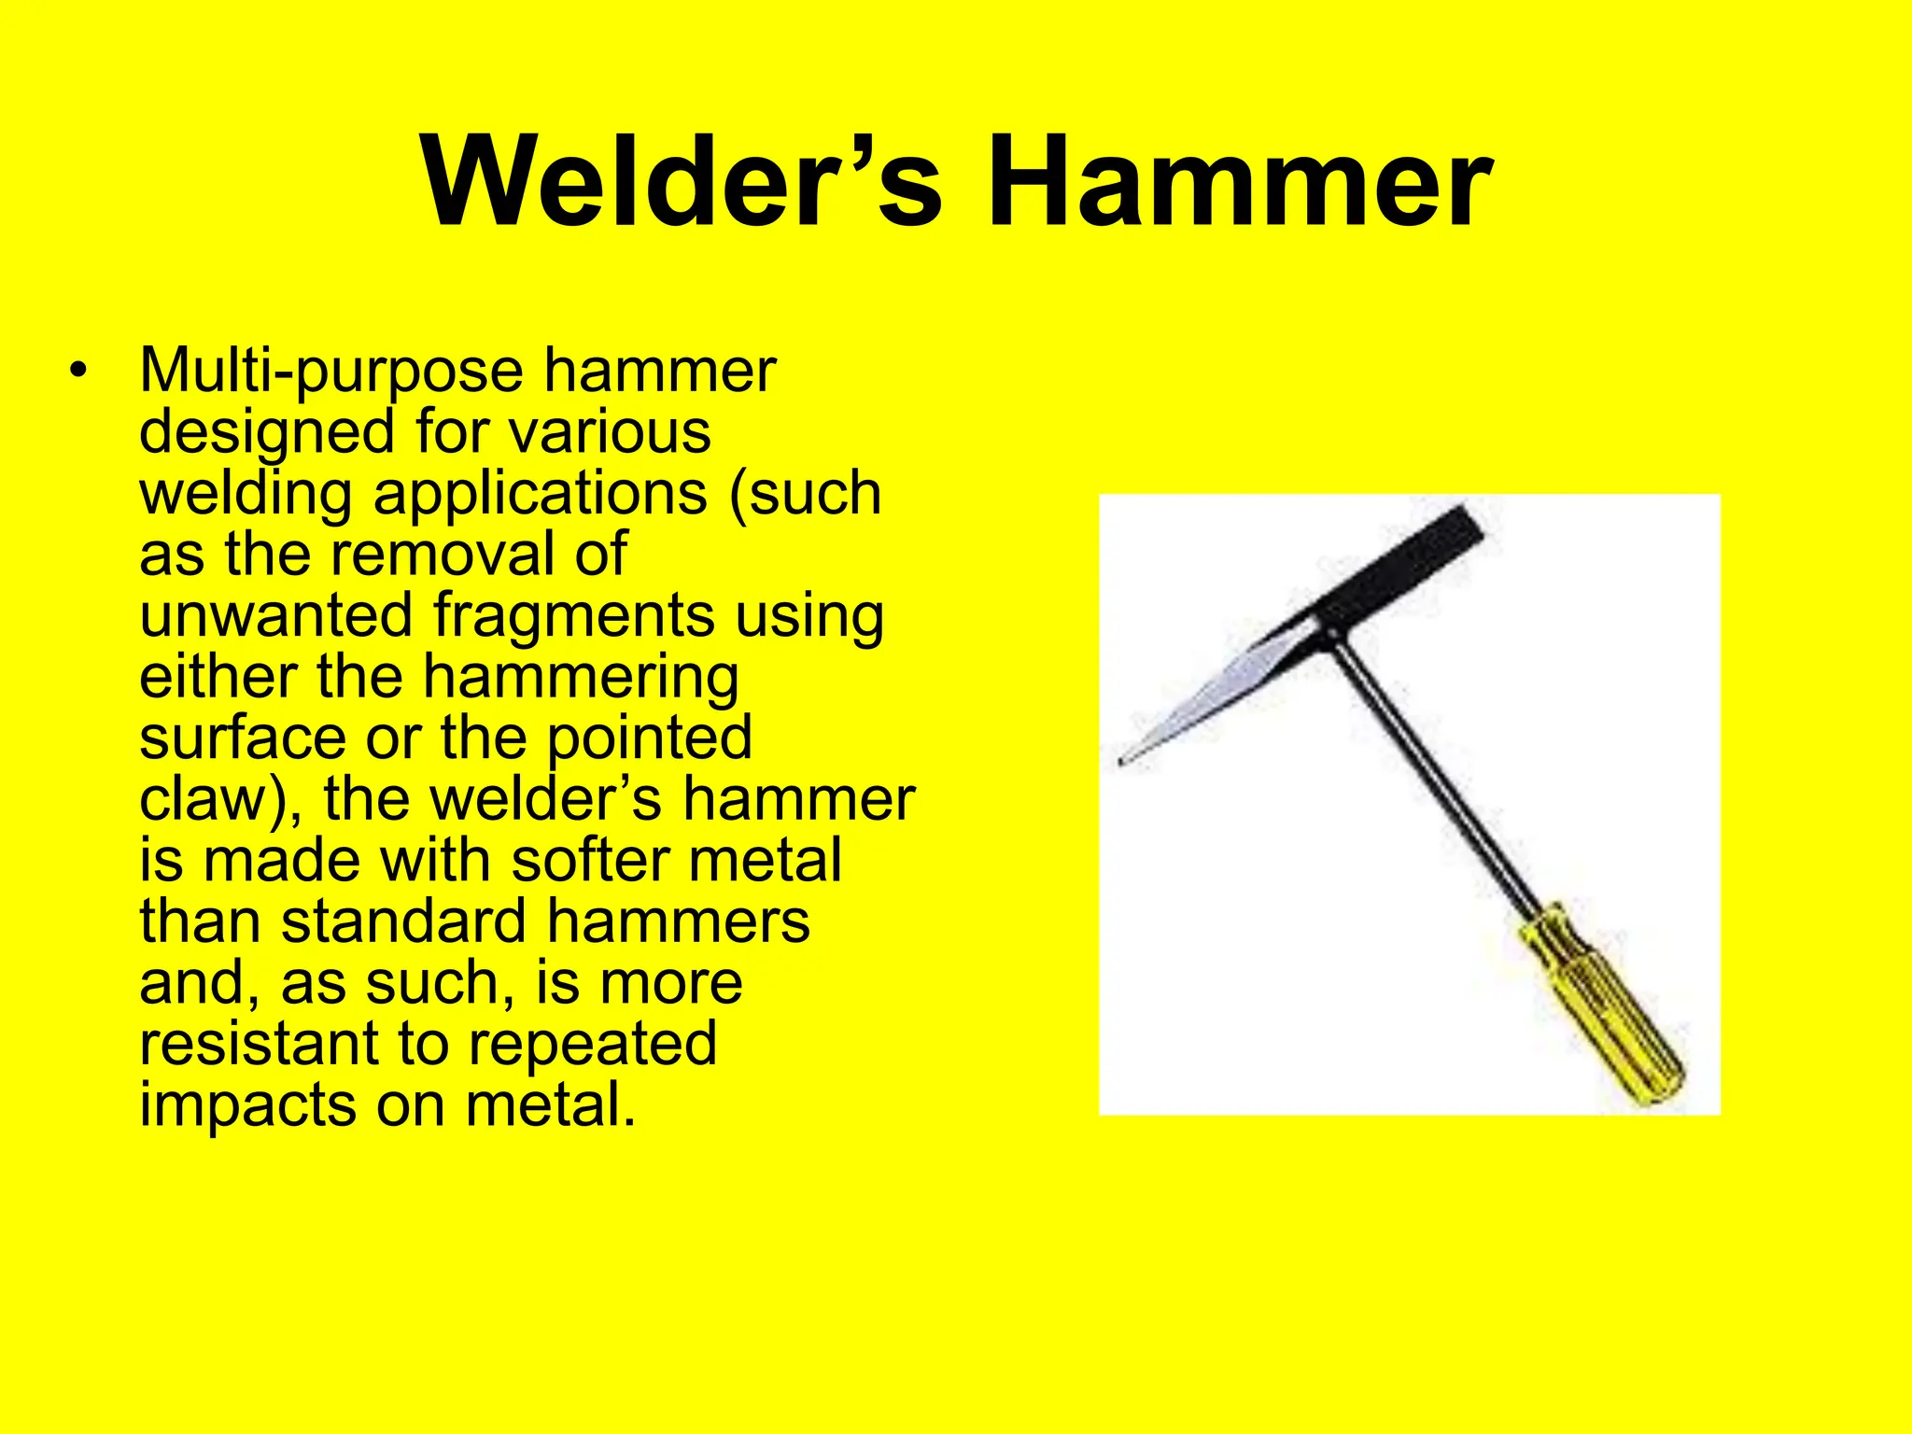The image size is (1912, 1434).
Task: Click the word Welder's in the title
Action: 682,182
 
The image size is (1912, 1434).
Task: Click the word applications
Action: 540,495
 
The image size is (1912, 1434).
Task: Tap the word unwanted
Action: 276,616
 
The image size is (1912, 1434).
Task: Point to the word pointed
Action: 649,739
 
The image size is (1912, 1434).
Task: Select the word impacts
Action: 248,1107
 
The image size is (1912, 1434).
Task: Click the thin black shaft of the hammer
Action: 1428,766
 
